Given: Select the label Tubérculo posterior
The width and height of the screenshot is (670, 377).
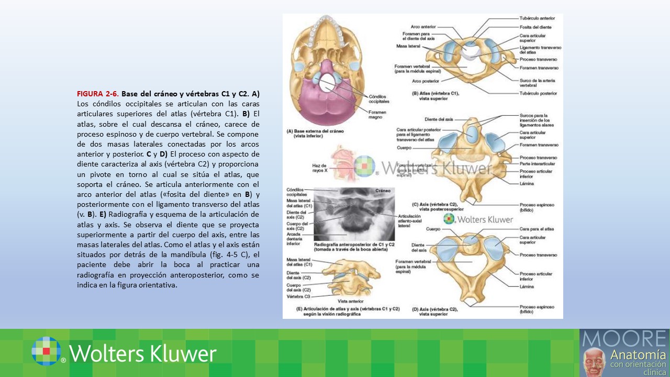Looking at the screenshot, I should [x=538, y=93].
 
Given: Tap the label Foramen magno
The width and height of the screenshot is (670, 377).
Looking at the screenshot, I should [x=377, y=115].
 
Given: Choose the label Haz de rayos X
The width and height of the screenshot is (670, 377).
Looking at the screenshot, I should [x=319, y=168].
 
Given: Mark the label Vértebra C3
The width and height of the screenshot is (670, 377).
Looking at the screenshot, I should [x=298, y=296].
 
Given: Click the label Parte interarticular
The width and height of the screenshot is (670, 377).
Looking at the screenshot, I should [x=538, y=164].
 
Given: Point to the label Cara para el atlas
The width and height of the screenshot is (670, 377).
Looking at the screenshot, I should [x=536, y=229].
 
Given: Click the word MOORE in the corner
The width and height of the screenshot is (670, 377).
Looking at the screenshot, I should [x=624, y=338].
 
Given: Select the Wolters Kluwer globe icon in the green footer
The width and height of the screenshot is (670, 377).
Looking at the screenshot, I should [x=46, y=351].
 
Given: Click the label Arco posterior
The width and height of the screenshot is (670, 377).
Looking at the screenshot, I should [x=425, y=81].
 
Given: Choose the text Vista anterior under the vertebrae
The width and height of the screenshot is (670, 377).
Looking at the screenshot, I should [x=350, y=301].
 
